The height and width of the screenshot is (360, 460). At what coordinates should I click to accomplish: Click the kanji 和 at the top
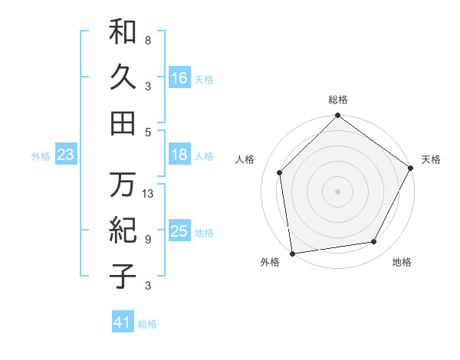pyautogui.click(x=123, y=31)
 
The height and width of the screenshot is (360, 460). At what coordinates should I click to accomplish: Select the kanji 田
pyautogui.click(x=123, y=123)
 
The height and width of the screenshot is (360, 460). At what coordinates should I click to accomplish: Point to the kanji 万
pyautogui.click(x=123, y=185)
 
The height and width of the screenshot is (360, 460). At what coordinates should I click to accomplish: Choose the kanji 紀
pyautogui.click(x=123, y=230)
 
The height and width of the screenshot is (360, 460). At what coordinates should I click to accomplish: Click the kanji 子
pyautogui.click(x=123, y=276)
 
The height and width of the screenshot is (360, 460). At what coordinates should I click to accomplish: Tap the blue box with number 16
pyautogui.click(x=179, y=77)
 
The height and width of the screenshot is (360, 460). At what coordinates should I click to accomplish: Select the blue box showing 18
pyautogui.click(x=179, y=155)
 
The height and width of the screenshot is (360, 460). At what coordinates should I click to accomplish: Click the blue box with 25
pyautogui.click(x=179, y=231)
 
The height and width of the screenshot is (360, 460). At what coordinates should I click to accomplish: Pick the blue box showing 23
pyautogui.click(x=66, y=155)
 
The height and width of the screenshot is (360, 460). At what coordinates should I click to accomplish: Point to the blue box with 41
pyautogui.click(x=123, y=322)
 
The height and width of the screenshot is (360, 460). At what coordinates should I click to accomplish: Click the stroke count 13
pyautogui.click(x=148, y=194)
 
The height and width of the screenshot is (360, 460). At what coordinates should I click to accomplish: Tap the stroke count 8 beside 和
pyautogui.click(x=147, y=40)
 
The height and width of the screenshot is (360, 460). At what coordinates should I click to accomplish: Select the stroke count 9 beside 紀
pyautogui.click(x=147, y=239)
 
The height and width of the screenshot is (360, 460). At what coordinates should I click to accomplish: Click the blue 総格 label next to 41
pyautogui.click(x=147, y=324)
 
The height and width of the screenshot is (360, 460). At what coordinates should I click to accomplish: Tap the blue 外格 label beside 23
pyautogui.click(x=41, y=156)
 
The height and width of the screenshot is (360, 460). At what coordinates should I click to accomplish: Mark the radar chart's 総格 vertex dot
pyautogui.click(x=337, y=116)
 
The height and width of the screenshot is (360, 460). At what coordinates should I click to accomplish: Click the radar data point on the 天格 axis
pyautogui.click(x=411, y=168)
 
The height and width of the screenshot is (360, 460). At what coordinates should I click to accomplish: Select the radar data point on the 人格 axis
pyautogui.click(x=280, y=172)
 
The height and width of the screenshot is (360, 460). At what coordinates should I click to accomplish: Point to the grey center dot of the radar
pyautogui.click(x=337, y=191)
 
